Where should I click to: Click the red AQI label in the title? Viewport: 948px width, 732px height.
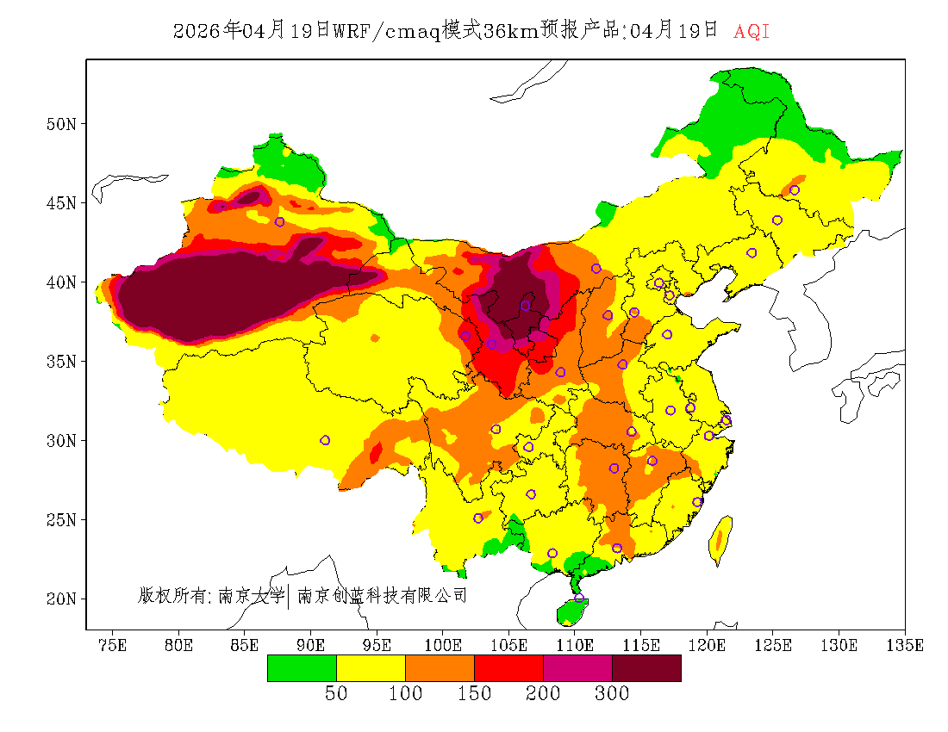click(752, 32)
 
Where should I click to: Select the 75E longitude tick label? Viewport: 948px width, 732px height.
click(113, 645)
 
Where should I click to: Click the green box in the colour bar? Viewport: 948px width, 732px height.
click(302, 668)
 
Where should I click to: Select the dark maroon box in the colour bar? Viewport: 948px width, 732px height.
click(646, 668)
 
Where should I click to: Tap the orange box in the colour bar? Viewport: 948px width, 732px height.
click(440, 668)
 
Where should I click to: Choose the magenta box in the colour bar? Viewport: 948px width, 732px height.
click(577, 668)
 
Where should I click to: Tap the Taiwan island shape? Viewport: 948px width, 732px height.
click(720, 540)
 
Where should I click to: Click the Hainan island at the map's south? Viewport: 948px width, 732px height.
click(571, 611)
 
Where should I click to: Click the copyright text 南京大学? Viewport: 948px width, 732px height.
click(252, 595)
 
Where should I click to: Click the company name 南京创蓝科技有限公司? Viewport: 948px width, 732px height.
click(382, 595)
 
